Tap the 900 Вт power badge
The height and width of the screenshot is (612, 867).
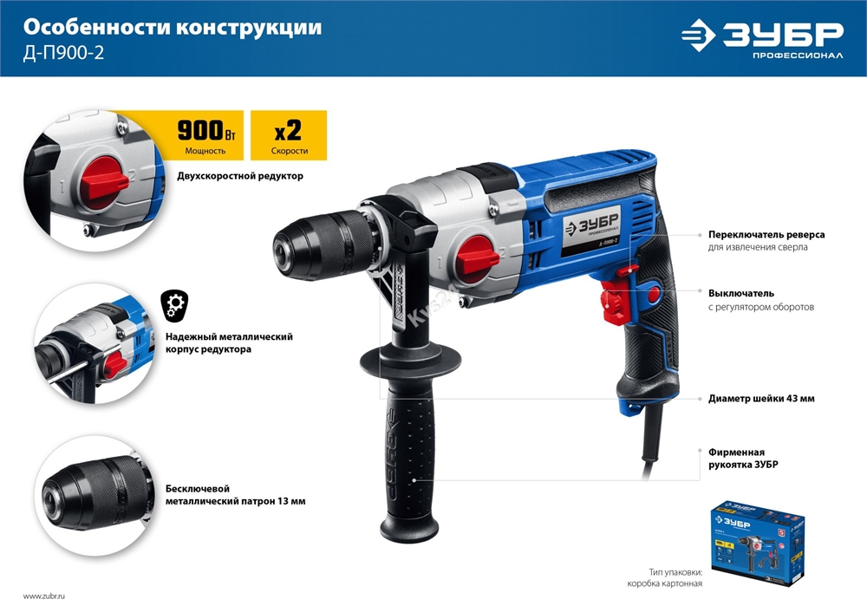point(205,134)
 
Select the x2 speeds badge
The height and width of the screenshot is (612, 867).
point(288,134)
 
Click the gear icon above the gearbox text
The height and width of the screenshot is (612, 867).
point(174,304)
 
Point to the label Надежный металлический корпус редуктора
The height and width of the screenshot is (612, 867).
point(228,342)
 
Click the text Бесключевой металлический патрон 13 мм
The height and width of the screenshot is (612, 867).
point(234,494)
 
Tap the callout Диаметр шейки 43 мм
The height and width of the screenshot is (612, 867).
point(760,399)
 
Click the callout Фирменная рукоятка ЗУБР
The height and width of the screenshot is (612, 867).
point(743,458)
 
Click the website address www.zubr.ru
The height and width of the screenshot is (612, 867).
point(45,596)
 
